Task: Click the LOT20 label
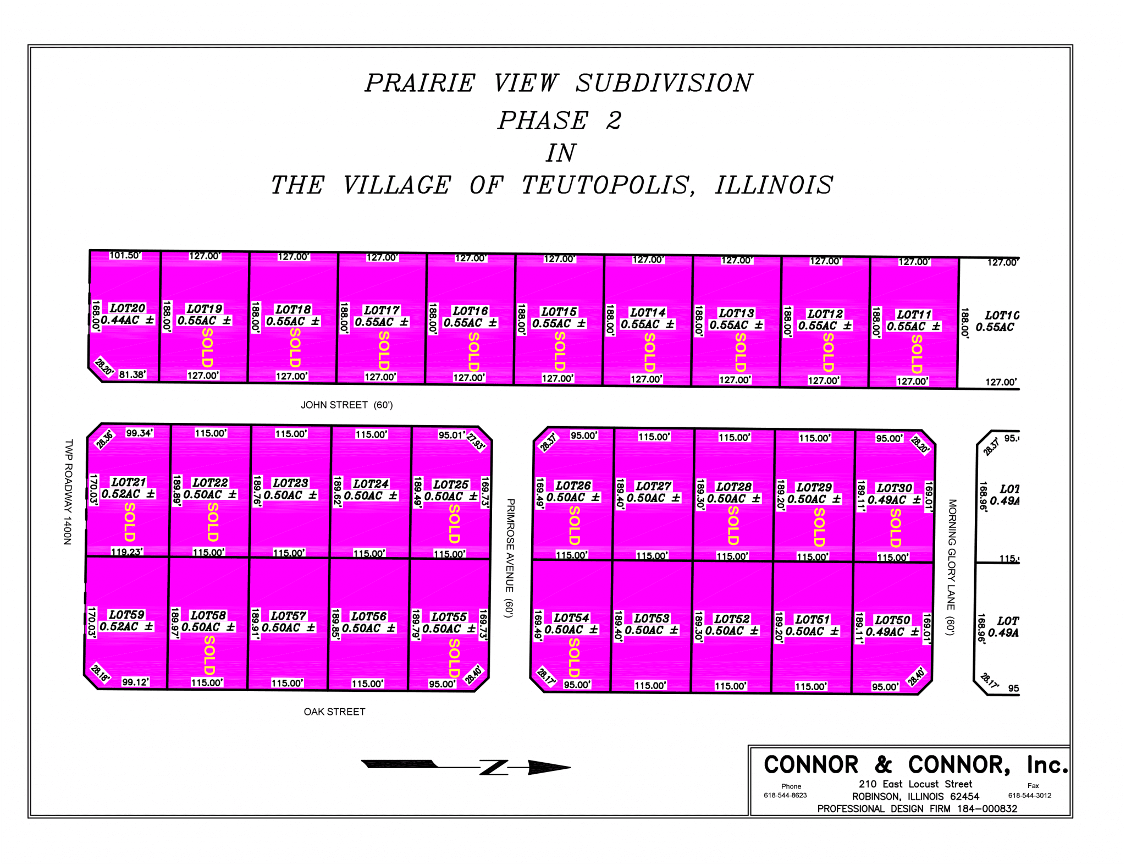click(128, 308)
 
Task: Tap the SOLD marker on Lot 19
click(207, 348)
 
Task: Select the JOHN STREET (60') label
click(346, 405)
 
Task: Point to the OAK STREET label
click(334, 712)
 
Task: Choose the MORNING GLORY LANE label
click(952, 567)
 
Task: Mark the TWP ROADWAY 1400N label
click(68, 492)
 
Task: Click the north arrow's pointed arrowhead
click(550, 768)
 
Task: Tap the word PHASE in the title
click(543, 121)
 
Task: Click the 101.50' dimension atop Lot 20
click(125, 255)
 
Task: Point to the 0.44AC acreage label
click(120, 320)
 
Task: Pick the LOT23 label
click(290, 483)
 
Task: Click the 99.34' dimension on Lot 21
click(139, 433)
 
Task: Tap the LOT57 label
click(288, 616)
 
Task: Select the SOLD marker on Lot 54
click(574, 657)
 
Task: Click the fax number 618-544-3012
click(1029, 795)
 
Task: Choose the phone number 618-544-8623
click(785, 795)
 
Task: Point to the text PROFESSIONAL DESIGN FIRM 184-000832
click(917, 809)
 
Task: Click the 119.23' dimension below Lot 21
click(127, 552)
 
